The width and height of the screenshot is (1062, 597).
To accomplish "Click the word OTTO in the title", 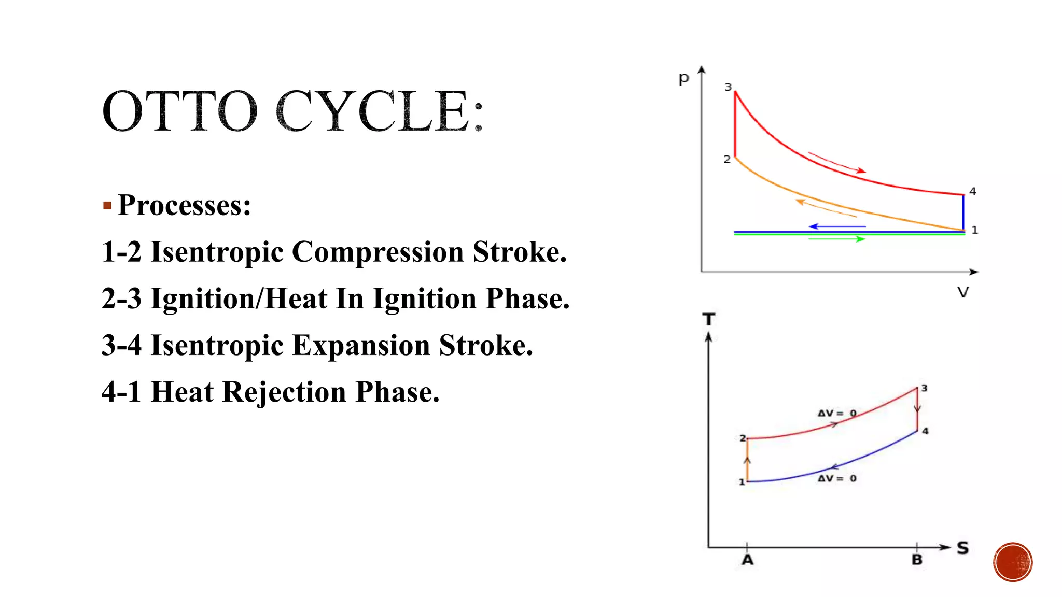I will click(x=179, y=111).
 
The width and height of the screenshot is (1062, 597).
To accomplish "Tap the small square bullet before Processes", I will click(x=107, y=206).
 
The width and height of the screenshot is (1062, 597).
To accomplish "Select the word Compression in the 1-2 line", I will click(x=378, y=252).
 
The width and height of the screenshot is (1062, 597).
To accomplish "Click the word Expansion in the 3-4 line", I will click(x=361, y=346).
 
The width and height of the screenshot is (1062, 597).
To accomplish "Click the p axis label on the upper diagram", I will click(x=684, y=79).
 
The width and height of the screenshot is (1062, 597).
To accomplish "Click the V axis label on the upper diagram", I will click(x=963, y=292).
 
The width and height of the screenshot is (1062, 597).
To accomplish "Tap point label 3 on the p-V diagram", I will click(x=728, y=87).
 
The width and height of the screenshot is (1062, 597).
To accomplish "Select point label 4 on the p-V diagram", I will click(x=973, y=191).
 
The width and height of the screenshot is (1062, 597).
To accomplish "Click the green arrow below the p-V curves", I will click(x=837, y=239).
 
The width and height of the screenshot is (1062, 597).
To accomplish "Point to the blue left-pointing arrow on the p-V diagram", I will click(x=837, y=226).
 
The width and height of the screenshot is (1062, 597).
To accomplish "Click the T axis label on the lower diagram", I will click(x=709, y=319).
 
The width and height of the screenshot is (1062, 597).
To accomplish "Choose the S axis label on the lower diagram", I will click(x=963, y=548).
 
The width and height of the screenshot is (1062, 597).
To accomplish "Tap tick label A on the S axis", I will click(x=747, y=560).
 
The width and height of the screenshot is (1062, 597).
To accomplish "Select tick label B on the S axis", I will click(x=917, y=560).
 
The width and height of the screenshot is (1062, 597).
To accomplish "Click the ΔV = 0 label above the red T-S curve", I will click(x=837, y=413).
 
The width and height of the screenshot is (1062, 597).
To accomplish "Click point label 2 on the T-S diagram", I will click(x=743, y=438).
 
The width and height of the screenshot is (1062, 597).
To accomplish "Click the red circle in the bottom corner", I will click(x=1013, y=562).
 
